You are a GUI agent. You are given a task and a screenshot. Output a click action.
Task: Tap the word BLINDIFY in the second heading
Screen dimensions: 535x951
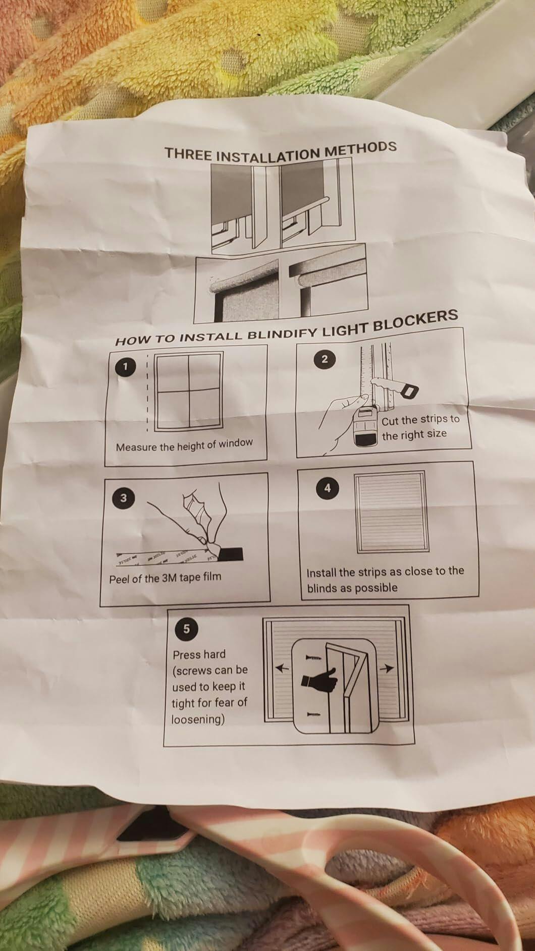[282, 332]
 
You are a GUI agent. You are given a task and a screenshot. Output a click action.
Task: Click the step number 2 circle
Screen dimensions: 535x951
[324, 359]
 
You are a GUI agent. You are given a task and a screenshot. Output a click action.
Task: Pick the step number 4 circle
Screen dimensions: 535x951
[328, 488]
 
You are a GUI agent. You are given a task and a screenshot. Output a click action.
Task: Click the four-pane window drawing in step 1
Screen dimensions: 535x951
[187, 393]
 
